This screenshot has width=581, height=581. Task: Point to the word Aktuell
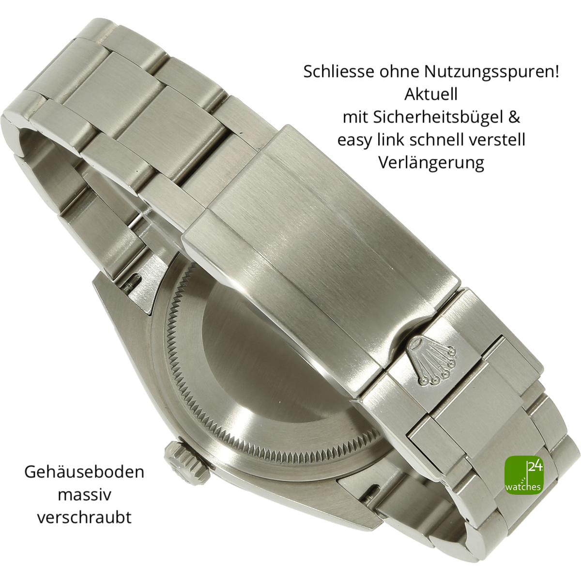(431, 94)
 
